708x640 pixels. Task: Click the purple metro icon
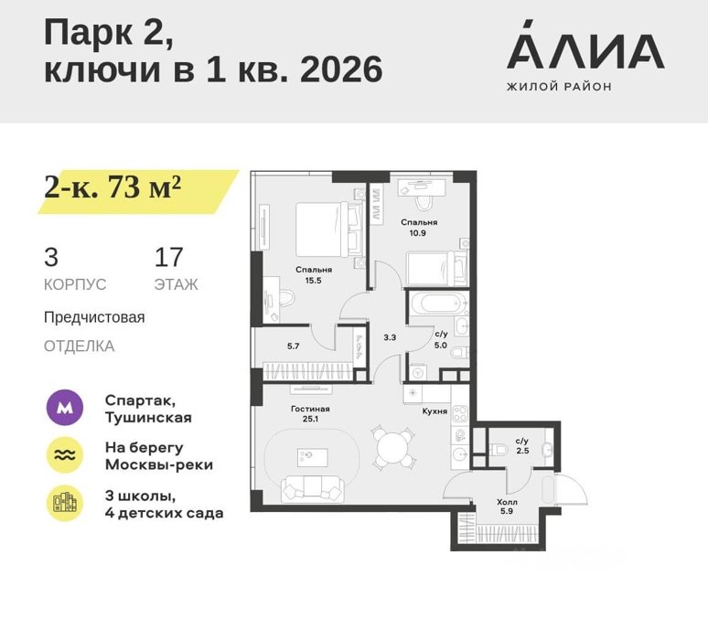tap(65, 408)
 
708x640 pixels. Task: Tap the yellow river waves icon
tap(65, 455)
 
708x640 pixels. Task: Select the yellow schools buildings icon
tap(65, 503)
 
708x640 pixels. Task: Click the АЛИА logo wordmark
tap(585, 45)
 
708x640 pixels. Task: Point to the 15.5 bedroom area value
tap(314, 281)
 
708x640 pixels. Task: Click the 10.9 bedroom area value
tap(418, 233)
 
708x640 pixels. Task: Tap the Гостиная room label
tap(310, 409)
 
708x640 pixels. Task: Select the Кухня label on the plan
tap(434, 411)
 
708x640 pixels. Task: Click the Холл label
tap(507, 502)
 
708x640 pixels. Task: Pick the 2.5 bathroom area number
tap(522, 451)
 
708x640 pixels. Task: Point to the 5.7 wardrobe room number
tap(293, 347)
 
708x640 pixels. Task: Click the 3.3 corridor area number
tap(390, 337)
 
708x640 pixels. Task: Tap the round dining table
tap(392, 447)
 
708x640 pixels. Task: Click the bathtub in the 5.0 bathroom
tap(438, 304)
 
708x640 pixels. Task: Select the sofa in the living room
tap(313, 489)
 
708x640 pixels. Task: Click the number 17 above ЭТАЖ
tap(168, 257)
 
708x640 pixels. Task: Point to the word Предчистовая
tap(94, 317)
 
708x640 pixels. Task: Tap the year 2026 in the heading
tap(341, 69)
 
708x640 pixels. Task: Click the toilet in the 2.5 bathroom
tap(499, 450)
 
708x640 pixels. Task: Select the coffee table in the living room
tap(313, 457)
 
